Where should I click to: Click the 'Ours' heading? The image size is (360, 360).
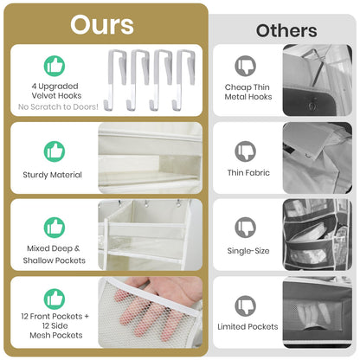(x=102, y=25)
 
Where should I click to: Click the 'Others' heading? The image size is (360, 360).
(x=286, y=30)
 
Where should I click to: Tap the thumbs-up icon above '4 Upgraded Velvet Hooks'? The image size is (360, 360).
(x=55, y=66)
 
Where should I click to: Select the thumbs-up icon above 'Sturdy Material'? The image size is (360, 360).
(x=55, y=151)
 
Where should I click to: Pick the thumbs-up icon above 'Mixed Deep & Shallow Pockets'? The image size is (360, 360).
(x=55, y=228)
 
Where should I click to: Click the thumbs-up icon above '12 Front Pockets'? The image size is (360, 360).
(x=55, y=299)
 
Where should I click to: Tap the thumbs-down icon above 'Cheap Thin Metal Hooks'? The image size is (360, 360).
(x=246, y=66)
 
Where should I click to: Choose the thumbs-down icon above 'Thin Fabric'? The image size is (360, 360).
(x=246, y=151)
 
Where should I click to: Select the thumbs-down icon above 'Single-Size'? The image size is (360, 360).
(x=246, y=228)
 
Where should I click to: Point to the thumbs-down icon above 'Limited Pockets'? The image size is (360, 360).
(x=246, y=305)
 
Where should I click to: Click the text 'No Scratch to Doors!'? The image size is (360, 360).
(x=58, y=106)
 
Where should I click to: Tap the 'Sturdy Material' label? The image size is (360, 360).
(x=52, y=175)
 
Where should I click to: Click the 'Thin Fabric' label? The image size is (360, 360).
(x=248, y=173)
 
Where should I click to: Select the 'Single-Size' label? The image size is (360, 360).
(x=248, y=251)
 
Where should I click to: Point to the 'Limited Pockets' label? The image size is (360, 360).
(x=247, y=327)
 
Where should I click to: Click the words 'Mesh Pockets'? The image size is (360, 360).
(x=56, y=336)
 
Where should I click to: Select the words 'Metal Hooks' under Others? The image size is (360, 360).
(x=248, y=97)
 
